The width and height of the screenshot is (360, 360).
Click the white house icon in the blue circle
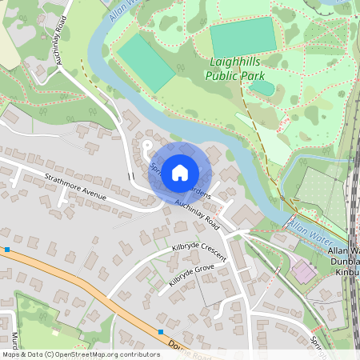180,171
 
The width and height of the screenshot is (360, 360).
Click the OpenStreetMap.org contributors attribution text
80,354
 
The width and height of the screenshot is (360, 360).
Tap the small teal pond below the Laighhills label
262,87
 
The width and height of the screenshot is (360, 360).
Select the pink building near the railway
303,272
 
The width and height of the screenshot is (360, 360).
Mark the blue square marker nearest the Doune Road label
161,331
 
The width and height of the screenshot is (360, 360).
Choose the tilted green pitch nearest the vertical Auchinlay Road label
146,62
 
